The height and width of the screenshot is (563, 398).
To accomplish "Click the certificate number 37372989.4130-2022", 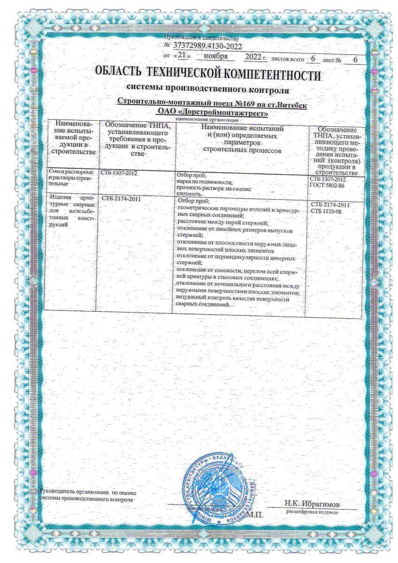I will (207, 46).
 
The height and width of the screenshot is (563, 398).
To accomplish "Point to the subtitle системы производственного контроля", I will (207, 89).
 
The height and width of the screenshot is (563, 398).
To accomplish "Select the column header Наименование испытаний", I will (241, 128).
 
